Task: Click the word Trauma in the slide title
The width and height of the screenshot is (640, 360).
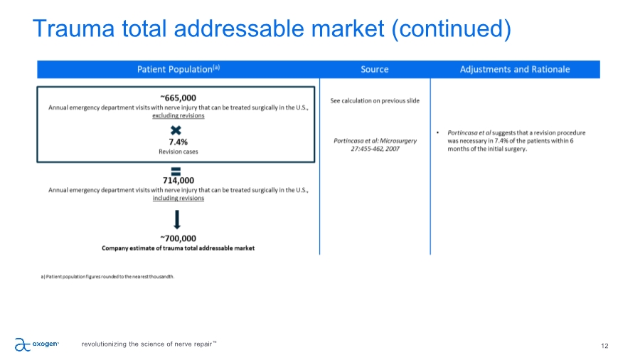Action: tap(73, 28)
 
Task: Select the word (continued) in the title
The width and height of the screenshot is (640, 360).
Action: tap(451, 29)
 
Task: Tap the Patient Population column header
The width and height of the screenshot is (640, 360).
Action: tap(178, 69)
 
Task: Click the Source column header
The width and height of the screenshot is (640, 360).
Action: tap(375, 70)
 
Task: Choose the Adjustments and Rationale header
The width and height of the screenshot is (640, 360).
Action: tap(515, 70)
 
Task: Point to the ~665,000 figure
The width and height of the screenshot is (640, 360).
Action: tap(178, 97)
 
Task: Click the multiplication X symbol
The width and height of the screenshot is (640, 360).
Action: tap(176, 130)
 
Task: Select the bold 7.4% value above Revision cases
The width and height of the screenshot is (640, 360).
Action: tap(178, 142)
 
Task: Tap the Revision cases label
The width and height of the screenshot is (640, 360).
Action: tap(178, 152)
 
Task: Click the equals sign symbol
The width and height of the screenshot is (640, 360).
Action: tap(176, 171)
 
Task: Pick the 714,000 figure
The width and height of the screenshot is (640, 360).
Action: tap(178, 181)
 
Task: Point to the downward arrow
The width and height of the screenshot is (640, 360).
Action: tap(177, 220)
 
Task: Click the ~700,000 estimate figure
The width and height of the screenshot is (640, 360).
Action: tap(178, 238)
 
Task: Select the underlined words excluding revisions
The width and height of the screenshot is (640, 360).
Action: tap(178, 115)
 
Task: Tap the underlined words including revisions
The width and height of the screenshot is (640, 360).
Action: tap(178, 198)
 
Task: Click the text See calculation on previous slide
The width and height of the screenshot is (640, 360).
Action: tap(375, 100)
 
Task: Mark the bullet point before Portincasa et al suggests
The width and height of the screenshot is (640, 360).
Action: tap(437, 132)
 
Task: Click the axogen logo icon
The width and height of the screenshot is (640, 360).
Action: tap(23, 344)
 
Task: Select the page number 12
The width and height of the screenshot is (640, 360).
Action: tap(604, 346)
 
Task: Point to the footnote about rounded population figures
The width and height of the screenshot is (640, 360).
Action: tap(107, 277)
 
